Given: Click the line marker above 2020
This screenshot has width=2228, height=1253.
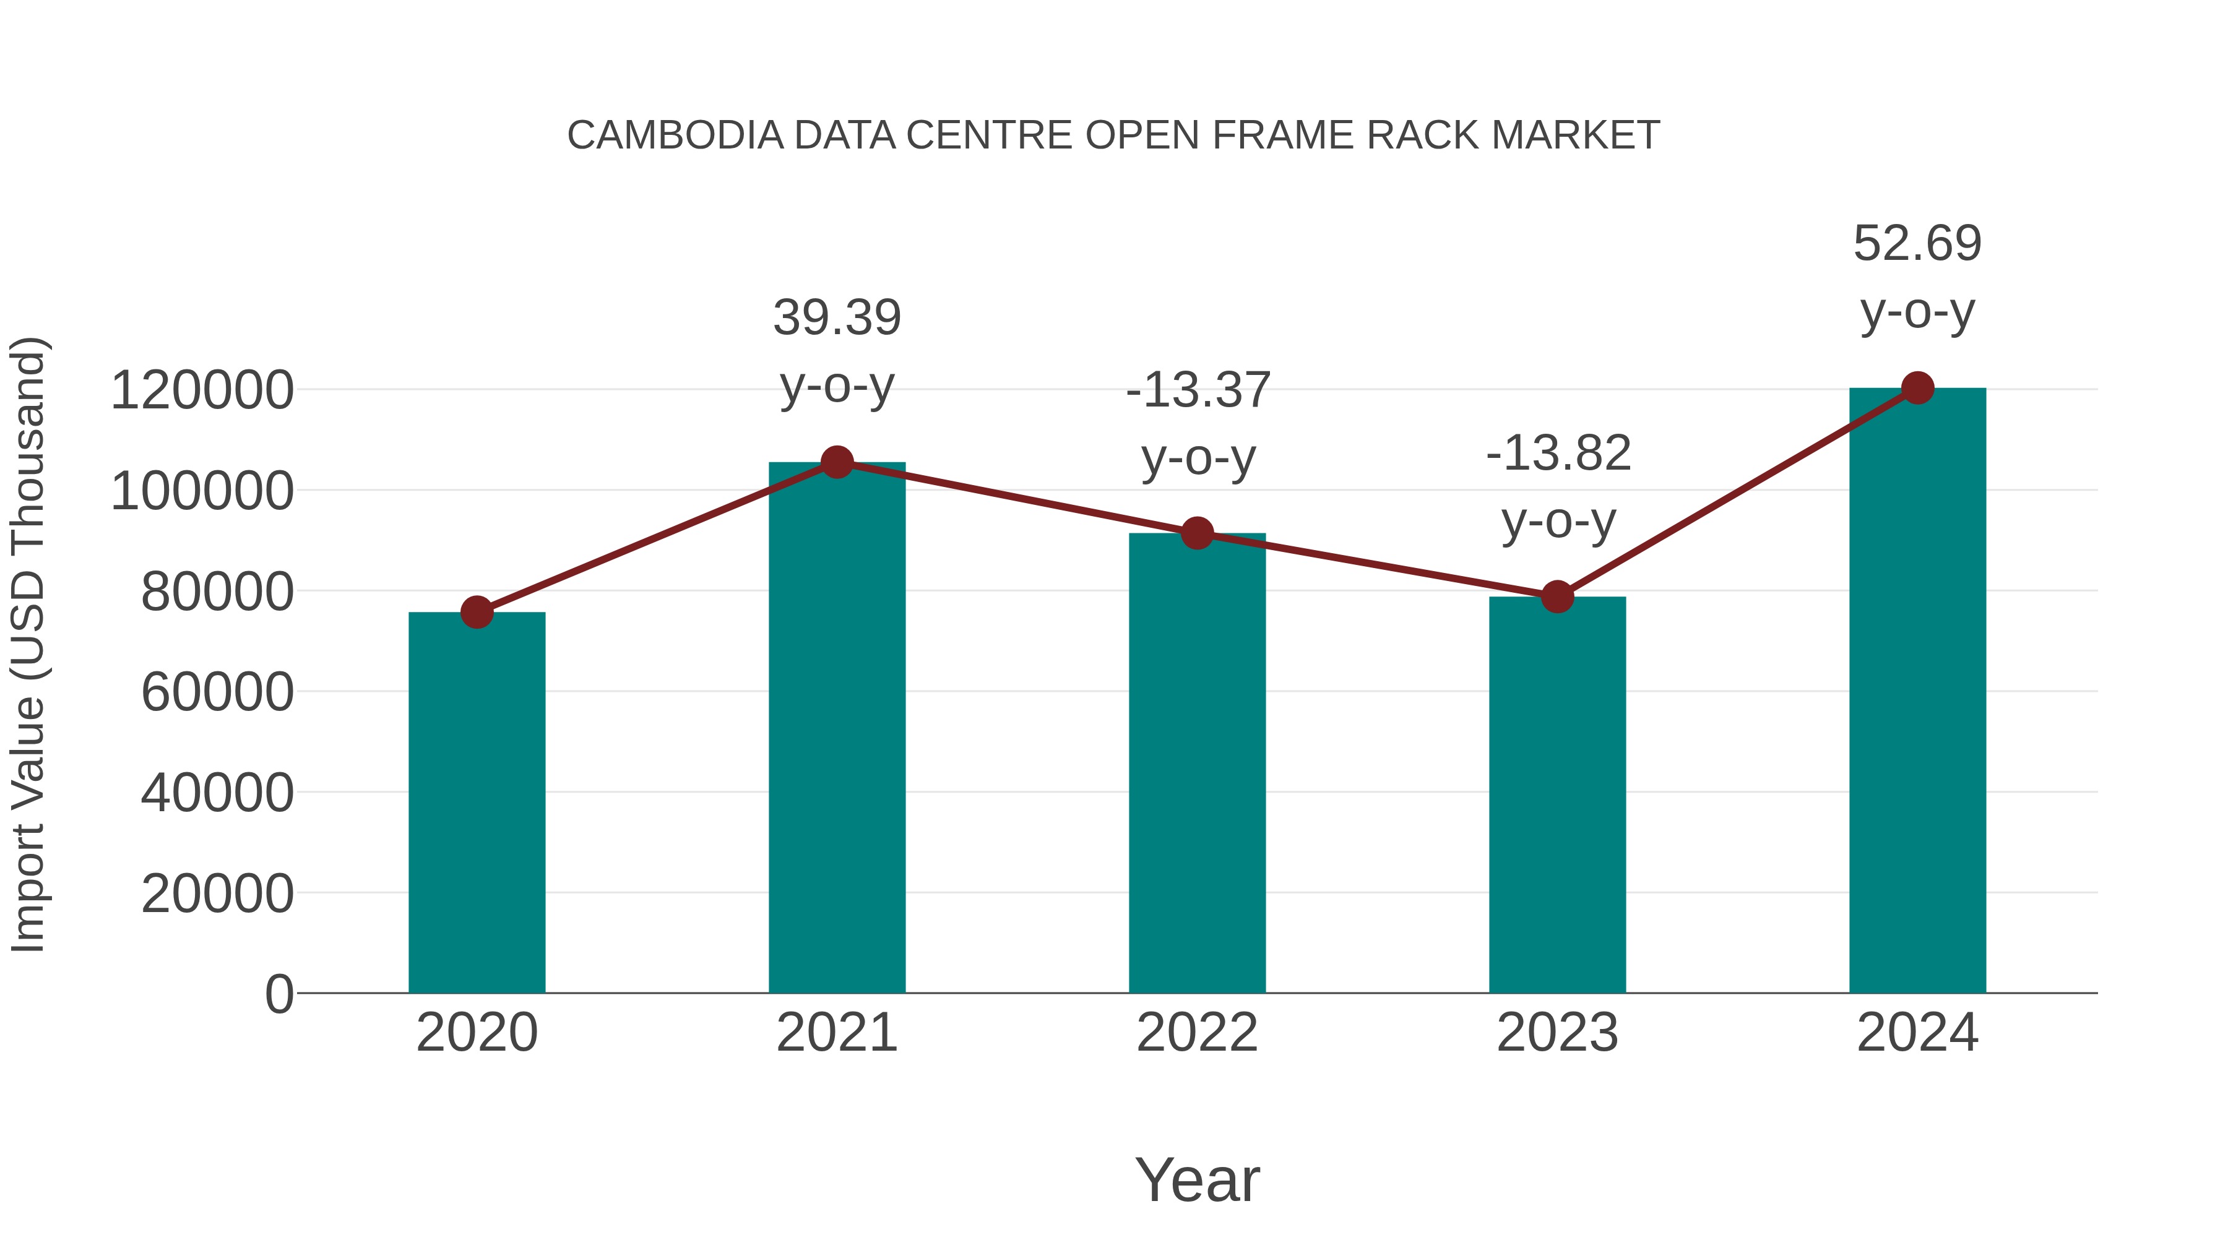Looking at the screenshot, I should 477,612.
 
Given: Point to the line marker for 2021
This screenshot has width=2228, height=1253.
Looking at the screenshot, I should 836,463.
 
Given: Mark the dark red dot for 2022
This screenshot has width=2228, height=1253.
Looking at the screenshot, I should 1197,533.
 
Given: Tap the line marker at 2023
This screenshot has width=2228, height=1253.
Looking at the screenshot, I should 1557,596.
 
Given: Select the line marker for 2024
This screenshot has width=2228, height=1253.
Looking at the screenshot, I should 1917,388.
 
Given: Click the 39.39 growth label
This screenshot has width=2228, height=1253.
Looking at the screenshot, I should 836,317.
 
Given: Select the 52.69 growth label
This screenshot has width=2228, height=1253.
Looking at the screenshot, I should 1917,243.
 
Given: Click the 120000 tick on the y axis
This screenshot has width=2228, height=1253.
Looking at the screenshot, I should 202,390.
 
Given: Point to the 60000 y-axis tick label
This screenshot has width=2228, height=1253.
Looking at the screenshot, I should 217,692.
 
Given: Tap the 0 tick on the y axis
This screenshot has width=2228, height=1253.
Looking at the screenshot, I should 279,994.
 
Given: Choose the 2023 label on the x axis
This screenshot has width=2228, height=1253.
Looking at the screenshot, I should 1557,1033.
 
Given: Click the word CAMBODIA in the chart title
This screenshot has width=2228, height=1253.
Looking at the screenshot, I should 675,136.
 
